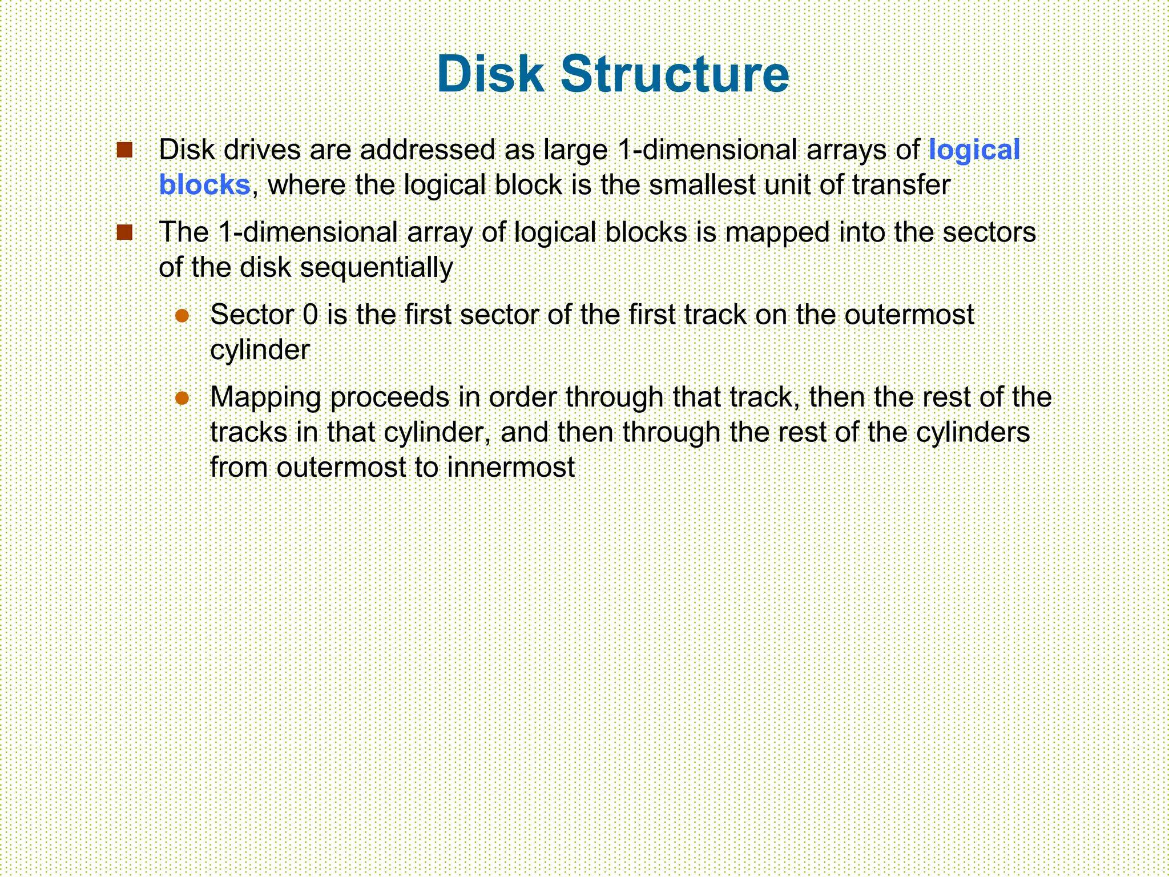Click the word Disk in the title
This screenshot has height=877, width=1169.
click(490, 74)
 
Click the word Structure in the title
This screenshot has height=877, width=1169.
click(675, 74)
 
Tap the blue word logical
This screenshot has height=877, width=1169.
click(974, 151)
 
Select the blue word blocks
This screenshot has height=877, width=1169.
click(204, 186)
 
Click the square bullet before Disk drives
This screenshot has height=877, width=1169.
click(124, 150)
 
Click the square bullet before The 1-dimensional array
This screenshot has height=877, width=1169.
click(124, 232)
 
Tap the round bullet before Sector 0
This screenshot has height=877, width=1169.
click(182, 315)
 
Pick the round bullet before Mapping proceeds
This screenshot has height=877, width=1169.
click(182, 397)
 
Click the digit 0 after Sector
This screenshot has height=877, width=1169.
click(310, 315)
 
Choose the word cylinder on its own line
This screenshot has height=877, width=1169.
click(260, 350)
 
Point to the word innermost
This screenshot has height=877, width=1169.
click(511, 468)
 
